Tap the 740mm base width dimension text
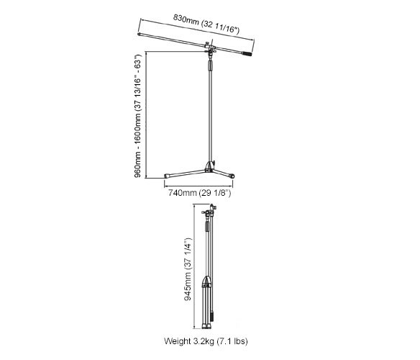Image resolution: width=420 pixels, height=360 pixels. pos(199,193)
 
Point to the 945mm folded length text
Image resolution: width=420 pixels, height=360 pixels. pos(188,269)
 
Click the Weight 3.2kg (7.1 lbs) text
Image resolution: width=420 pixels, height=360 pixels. pos(206,341)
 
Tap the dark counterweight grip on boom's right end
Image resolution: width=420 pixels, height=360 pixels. pos(247,54)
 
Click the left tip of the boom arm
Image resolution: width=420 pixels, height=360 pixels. pos(139,35)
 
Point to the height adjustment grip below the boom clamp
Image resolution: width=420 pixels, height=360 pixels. pos(210,66)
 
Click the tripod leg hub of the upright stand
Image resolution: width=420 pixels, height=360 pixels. pos(210,166)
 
